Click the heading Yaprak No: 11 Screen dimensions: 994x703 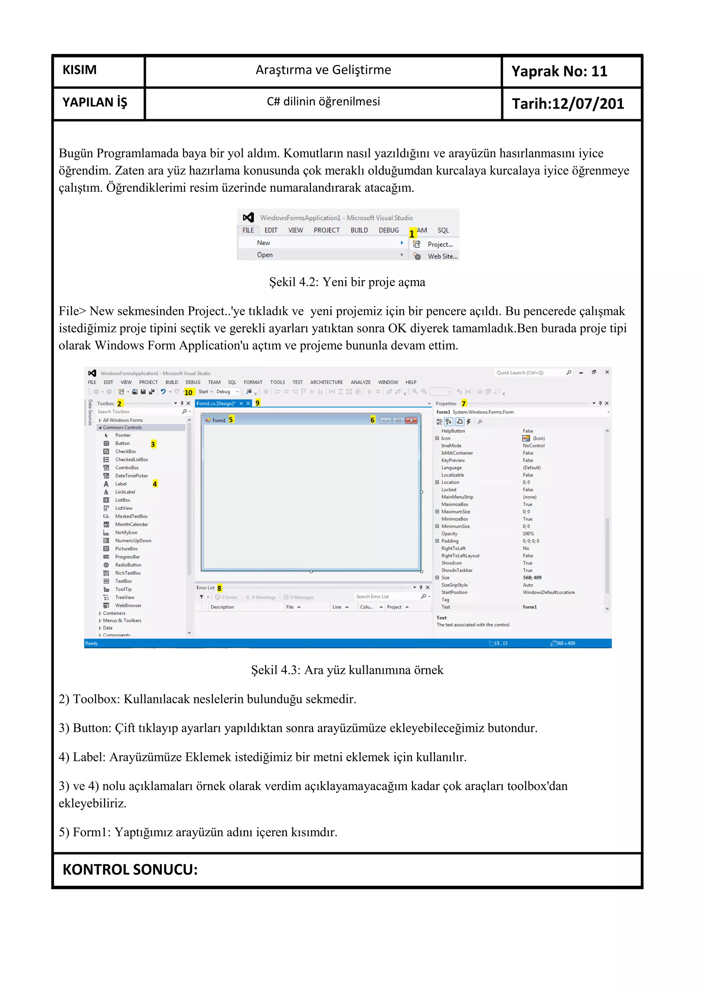(559, 71)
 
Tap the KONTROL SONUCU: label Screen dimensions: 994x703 (130, 869)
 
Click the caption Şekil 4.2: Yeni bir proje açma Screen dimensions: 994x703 (347, 282)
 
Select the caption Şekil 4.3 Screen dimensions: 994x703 (347, 670)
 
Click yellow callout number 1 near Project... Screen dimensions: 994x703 (412, 234)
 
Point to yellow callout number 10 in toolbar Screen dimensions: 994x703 (188, 392)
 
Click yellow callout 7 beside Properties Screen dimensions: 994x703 (464, 404)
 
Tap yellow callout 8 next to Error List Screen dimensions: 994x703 (219, 588)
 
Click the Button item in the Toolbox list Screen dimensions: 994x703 (122, 443)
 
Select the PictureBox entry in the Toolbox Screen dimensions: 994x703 (126, 548)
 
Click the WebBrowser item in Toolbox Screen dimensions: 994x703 (128, 605)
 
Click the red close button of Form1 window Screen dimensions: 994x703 (412, 420)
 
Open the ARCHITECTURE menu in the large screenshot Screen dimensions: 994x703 (326, 382)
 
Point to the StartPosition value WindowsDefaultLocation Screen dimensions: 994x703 (548, 592)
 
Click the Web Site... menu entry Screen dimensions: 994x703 (442, 256)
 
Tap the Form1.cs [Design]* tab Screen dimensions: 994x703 (216, 404)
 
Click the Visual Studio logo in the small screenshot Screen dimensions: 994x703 (248, 217)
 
